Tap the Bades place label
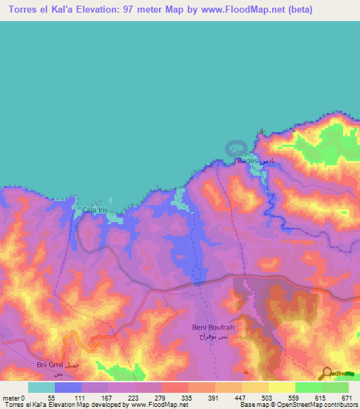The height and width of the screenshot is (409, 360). (x=248, y=161)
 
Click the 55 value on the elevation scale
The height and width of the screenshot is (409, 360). (x=51, y=398)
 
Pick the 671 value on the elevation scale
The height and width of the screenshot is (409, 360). (x=347, y=398)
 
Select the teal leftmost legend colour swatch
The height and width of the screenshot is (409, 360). (x=41, y=387)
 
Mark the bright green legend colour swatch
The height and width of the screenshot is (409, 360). (x=309, y=387)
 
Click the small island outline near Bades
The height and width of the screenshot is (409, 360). (x=236, y=148)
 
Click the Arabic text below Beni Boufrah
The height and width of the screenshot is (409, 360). (x=212, y=337)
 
